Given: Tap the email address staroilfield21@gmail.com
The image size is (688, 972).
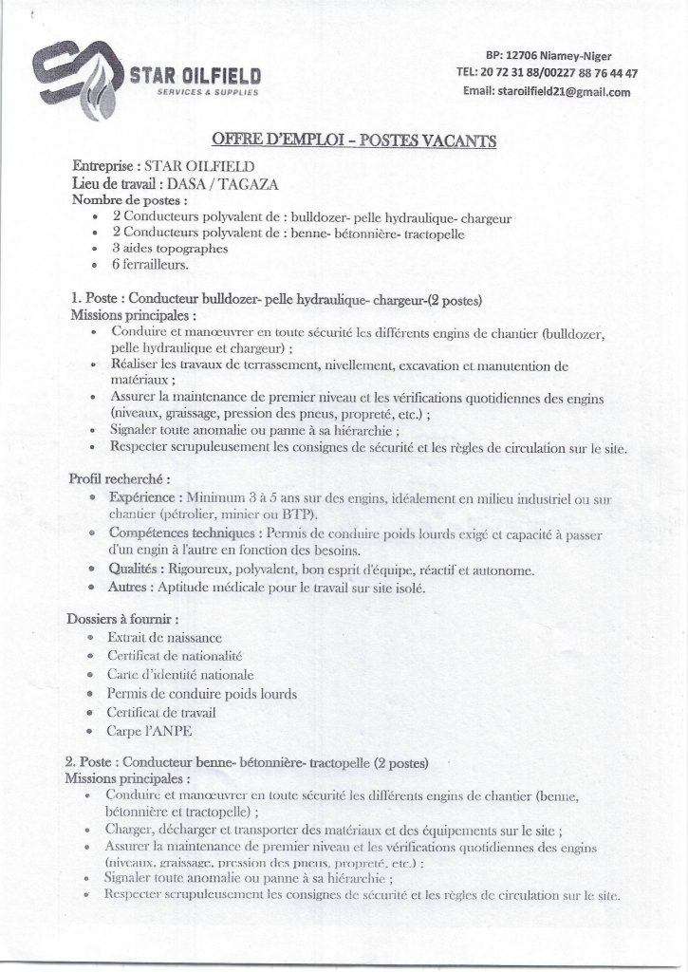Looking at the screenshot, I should [x=547, y=92].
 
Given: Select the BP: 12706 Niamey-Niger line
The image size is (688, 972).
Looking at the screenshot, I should [x=548, y=56].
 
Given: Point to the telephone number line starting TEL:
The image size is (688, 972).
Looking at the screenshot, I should [x=547, y=73].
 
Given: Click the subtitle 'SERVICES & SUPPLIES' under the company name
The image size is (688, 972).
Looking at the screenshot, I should [x=205, y=93].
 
